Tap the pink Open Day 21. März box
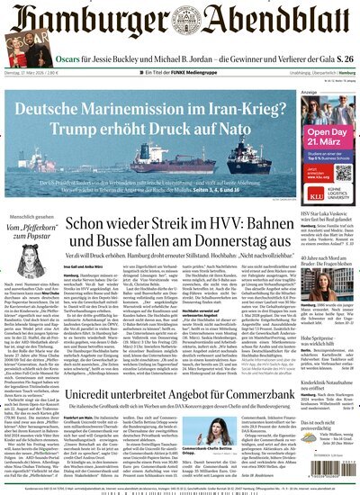[x=329, y=139]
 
